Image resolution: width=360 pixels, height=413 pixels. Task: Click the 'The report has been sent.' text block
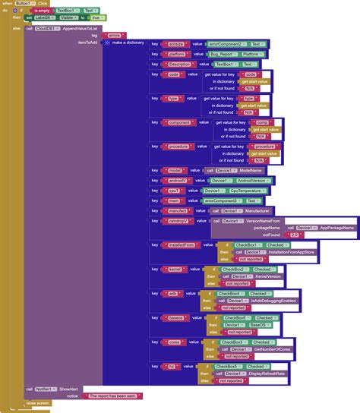click(x=114, y=396)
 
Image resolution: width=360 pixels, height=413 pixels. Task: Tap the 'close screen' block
click(x=38, y=403)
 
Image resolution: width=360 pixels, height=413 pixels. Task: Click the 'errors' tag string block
click(x=115, y=34)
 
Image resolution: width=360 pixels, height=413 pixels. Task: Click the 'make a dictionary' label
click(x=129, y=43)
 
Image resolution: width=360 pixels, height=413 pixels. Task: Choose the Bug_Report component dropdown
click(x=224, y=55)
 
